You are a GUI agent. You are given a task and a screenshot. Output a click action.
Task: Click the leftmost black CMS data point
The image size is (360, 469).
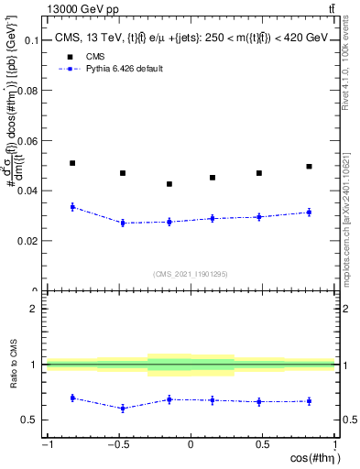[72, 163]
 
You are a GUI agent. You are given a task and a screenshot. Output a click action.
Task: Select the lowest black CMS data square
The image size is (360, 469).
[169, 184]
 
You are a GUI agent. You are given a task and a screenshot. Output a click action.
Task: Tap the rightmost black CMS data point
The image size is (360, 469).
[310, 167]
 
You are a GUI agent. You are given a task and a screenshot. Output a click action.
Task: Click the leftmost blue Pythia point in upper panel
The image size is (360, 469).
[72, 207]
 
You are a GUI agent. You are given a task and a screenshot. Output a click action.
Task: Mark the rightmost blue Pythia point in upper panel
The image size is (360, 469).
[310, 213]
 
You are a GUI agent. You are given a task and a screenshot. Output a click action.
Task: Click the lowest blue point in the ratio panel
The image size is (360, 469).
[123, 409]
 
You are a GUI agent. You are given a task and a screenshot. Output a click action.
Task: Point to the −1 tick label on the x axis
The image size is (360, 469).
[46, 445]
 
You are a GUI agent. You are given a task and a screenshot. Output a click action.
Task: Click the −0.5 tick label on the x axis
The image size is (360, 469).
[117, 445]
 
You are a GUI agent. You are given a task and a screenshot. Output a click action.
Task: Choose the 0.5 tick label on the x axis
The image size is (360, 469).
[263, 445]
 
